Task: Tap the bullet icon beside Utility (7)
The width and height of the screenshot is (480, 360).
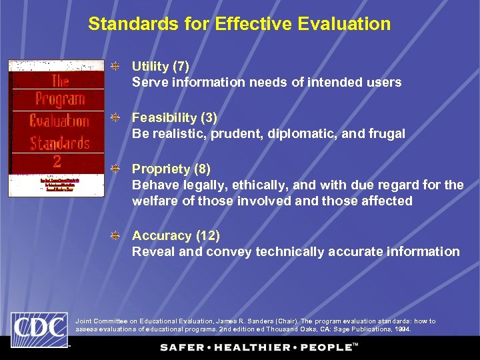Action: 115,67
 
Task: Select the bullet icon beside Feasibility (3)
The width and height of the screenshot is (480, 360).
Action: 115,118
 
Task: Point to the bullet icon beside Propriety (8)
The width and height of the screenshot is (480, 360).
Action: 115,169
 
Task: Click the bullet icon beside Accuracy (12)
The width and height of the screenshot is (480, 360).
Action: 115,236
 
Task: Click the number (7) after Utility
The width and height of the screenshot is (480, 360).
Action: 181,67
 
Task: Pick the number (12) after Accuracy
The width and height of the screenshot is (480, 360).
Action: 208,236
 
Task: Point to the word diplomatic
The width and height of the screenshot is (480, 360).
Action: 295,134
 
